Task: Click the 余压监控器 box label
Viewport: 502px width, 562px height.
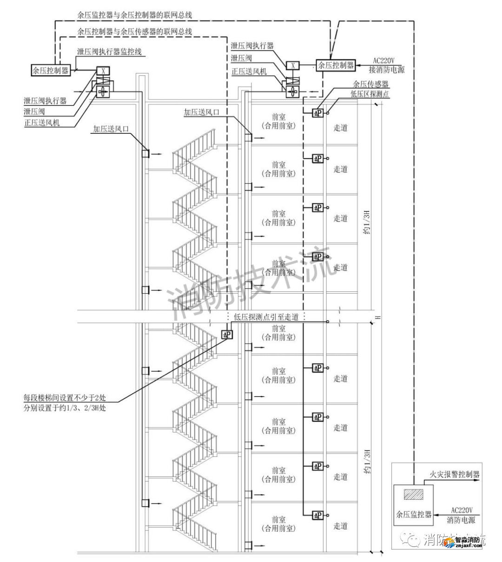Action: (x=414, y=515)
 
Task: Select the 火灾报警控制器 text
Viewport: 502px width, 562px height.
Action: (x=454, y=475)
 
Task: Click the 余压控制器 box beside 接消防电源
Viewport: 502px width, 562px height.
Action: (x=336, y=65)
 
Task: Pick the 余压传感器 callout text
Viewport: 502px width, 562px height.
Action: (x=370, y=84)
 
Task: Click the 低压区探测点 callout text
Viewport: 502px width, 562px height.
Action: (x=370, y=93)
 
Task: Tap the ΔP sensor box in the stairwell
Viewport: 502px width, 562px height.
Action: (x=227, y=334)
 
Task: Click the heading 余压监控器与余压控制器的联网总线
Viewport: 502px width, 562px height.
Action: (x=135, y=14)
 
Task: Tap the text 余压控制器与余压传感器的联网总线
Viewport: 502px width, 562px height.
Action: (x=135, y=32)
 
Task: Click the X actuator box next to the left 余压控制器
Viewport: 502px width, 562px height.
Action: (x=102, y=71)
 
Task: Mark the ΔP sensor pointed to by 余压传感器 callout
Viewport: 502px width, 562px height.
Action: (x=317, y=112)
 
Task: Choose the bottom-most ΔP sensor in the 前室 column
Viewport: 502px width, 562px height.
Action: (x=317, y=515)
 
